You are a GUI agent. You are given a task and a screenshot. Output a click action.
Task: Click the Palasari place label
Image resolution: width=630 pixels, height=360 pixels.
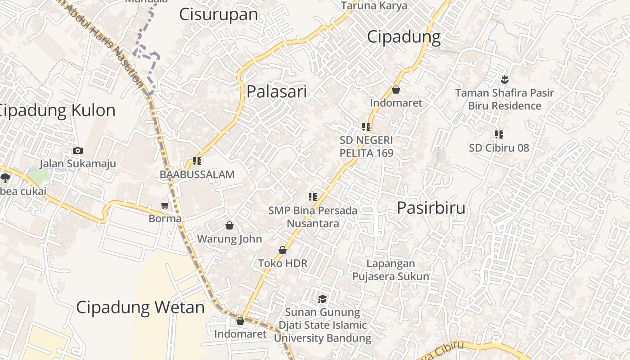pyautogui.click(x=276, y=92)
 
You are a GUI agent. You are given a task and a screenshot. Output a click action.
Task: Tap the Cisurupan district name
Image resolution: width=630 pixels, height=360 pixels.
pyautogui.click(x=218, y=14)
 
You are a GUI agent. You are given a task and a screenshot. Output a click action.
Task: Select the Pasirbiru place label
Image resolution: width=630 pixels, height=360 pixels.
pyautogui.click(x=431, y=208)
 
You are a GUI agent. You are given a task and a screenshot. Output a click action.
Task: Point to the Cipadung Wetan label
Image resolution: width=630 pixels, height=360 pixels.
pyautogui.click(x=140, y=307)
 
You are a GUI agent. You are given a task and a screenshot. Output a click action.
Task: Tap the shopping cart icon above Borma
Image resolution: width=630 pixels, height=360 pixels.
pyautogui.click(x=165, y=206)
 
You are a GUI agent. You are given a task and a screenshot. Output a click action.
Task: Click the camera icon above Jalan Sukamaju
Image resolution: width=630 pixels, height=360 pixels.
pyautogui.click(x=77, y=151)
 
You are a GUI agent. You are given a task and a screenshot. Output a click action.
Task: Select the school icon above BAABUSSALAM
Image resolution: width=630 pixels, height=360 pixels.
pyautogui.click(x=197, y=161)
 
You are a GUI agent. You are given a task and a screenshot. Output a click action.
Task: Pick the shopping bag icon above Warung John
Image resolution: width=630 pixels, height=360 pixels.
pyautogui.click(x=229, y=225)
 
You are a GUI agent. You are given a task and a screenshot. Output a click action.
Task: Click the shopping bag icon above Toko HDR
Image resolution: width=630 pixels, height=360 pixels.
pyautogui.click(x=283, y=250)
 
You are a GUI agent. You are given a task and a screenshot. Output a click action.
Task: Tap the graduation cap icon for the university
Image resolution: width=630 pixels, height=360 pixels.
pyautogui.click(x=322, y=299)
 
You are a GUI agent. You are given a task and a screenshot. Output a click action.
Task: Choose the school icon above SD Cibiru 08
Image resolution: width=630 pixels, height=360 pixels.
pyautogui.click(x=499, y=134)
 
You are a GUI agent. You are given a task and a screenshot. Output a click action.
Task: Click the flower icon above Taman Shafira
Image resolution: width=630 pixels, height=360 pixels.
pyautogui.click(x=504, y=80)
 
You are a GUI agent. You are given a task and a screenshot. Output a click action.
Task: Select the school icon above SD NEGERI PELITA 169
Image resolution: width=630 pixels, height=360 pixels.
pyautogui.click(x=366, y=127)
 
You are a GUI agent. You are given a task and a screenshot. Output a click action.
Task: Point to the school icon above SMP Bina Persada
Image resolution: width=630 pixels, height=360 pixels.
pyautogui.click(x=313, y=197)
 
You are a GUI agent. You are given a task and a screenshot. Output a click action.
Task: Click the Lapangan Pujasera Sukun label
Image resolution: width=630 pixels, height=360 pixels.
pyautogui.click(x=390, y=270)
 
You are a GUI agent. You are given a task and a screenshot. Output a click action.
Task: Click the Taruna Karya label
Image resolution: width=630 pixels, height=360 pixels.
pyautogui.click(x=374, y=5)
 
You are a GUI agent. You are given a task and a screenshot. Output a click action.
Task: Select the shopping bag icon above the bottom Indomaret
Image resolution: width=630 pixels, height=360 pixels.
pyautogui.click(x=240, y=321)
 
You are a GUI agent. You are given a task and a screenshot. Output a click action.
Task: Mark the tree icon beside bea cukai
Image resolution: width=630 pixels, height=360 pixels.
pyautogui.click(x=5, y=178)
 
